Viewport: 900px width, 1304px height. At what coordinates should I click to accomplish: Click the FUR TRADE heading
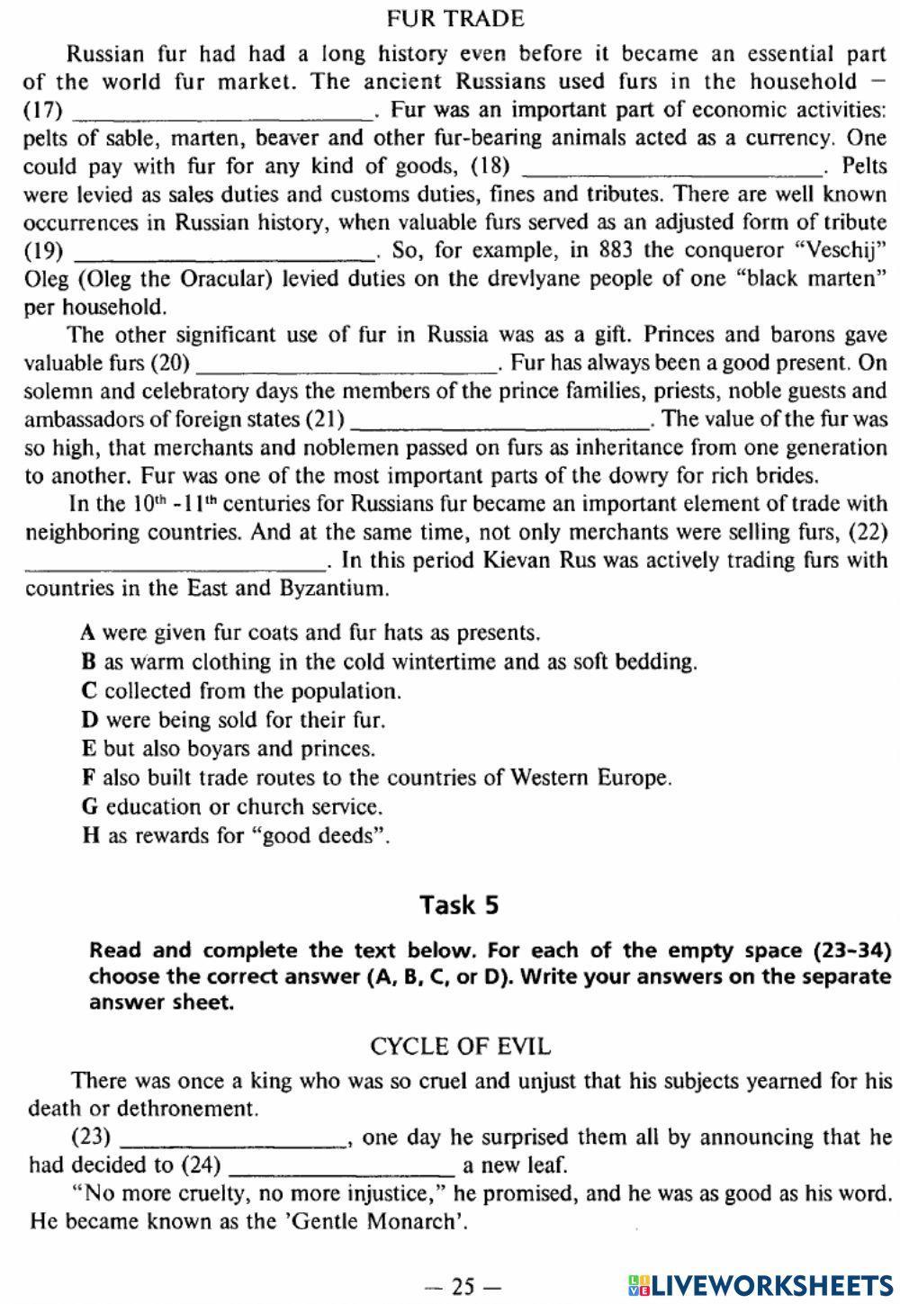click(454, 18)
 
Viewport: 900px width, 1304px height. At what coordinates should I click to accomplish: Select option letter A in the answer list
click(87, 633)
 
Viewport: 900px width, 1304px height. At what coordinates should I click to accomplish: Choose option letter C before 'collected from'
click(87, 691)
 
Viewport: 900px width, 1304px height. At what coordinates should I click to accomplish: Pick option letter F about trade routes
click(87, 778)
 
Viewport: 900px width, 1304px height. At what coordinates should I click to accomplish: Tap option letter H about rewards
click(89, 835)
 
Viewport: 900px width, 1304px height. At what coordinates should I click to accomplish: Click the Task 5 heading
click(459, 904)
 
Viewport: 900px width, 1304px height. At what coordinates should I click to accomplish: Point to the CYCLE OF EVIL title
click(460, 1047)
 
